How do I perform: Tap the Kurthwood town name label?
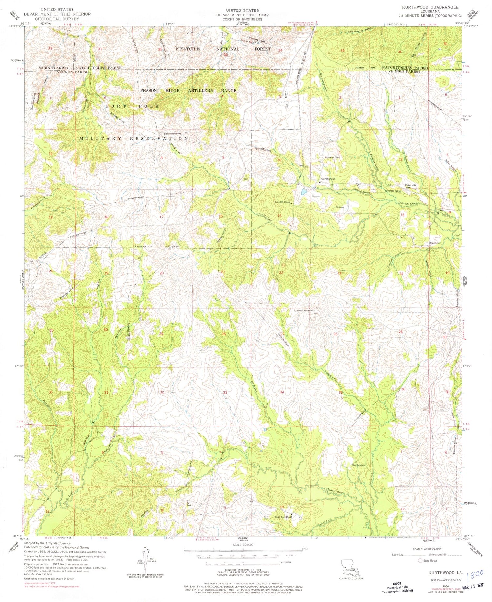(x=328, y=179)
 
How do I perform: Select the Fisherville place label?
(x=410, y=185)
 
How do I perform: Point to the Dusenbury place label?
(x=435, y=243)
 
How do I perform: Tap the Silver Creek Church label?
(x=283, y=517)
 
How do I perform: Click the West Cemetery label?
(x=358, y=465)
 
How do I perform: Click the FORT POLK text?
(x=133, y=106)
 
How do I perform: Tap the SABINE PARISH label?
(x=53, y=68)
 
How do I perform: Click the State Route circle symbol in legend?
(x=420, y=560)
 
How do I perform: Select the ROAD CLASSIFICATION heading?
(x=426, y=549)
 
